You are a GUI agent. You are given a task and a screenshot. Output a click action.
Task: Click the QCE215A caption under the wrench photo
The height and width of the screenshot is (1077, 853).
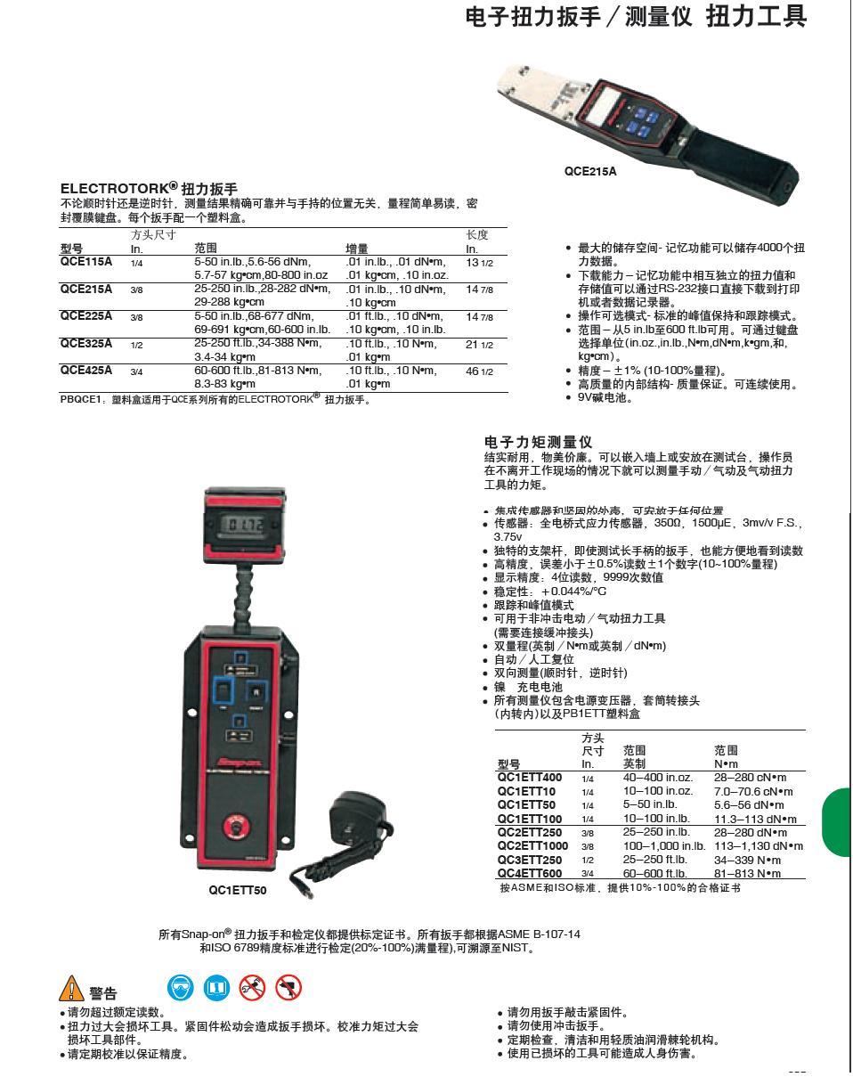pos(589,171)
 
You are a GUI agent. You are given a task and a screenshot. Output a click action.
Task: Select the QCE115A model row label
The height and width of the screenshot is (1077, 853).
pos(86,262)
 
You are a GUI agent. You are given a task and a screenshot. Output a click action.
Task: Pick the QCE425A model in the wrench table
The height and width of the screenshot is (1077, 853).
pos(86,371)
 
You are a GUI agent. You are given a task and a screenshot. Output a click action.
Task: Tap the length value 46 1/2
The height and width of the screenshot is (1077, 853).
pos(479,371)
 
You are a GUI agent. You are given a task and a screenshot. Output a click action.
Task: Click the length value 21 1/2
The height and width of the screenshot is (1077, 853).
pos(479,344)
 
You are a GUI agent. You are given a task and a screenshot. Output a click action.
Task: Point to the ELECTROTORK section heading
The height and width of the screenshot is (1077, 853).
pos(149,189)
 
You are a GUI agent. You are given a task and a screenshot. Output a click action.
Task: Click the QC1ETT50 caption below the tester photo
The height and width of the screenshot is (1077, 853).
pos(238,889)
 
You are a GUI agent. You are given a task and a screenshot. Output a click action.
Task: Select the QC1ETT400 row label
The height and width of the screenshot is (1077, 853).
pos(530,778)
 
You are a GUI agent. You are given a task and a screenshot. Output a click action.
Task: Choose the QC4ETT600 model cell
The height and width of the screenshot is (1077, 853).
pos(530,873)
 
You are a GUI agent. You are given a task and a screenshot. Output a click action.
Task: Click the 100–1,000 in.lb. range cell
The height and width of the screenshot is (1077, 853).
pos(663,845)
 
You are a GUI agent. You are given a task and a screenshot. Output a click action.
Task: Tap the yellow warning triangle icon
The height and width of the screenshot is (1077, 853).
pos(71,988)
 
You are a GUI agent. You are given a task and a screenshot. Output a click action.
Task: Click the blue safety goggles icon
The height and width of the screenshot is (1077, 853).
pos(180,986)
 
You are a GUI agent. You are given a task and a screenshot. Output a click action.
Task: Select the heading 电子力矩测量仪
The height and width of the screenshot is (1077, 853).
pos(538,442)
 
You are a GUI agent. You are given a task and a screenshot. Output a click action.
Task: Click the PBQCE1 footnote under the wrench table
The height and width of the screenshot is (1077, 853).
pos(215,399)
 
